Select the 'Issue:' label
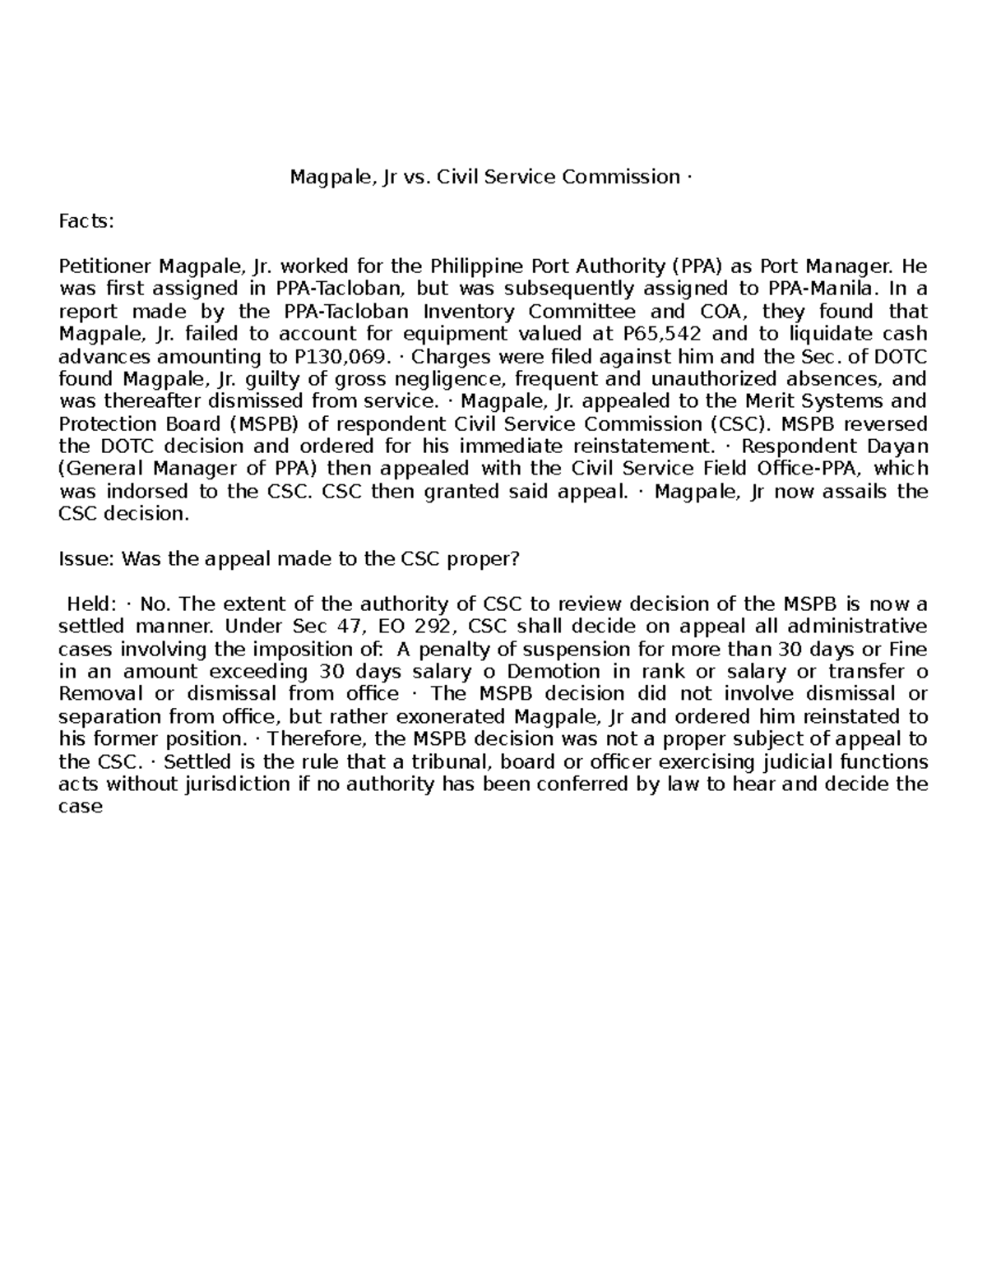click(87, 559)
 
